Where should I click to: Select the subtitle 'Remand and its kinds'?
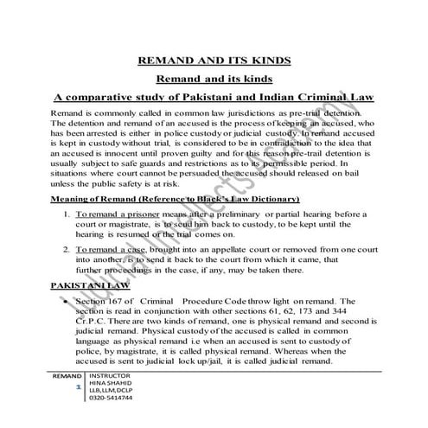point(214,79)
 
